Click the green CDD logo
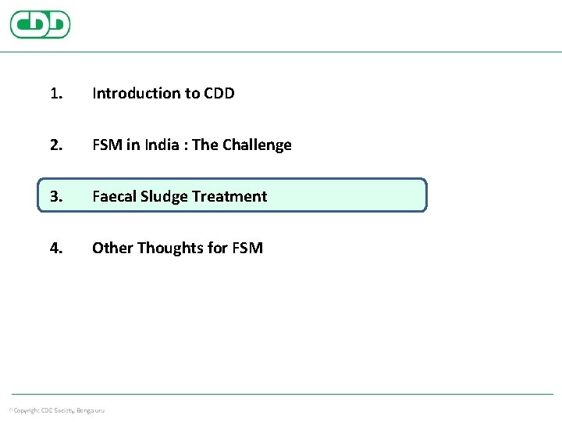pos(40,24)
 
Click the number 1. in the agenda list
pos(55,94)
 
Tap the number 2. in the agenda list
pos(55,145)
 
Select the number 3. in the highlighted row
pos(55,197)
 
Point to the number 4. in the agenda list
pos(55,249)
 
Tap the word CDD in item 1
pos(219,94)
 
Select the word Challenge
pos(257,145)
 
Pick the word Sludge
pos(163,197)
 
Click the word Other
pos(112,249)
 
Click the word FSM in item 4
pos(247,249)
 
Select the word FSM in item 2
pos(107,145)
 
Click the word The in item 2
pos(205,145)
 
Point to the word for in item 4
pos(218,249)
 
